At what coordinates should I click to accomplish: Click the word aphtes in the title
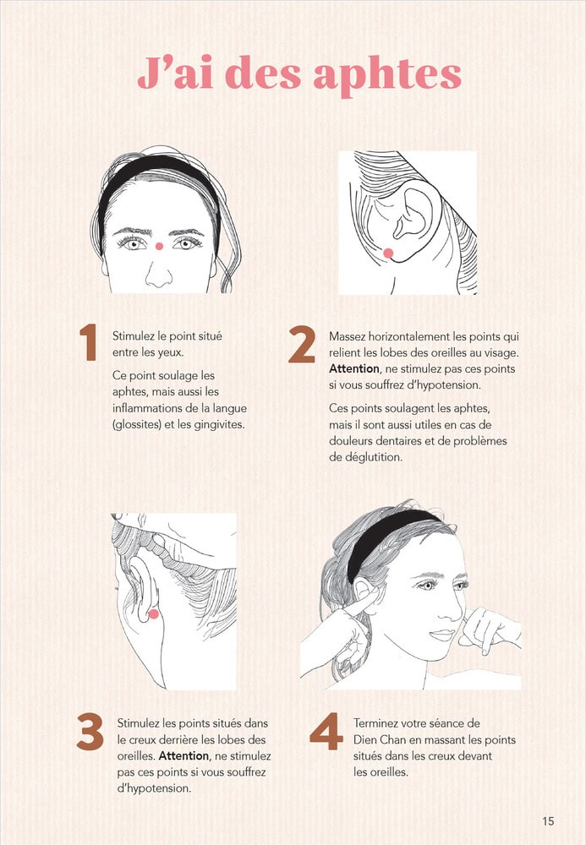(x=387, y=75)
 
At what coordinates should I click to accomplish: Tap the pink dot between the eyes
(x=159, y=246)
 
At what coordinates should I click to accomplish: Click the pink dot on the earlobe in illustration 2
(x=388, y=253)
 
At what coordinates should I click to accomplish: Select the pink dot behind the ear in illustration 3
(x=154, y=613)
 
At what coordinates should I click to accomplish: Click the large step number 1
(x=89, y=342)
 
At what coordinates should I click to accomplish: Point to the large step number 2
(x=302, y=345)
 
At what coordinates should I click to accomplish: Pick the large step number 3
(x=90, y=731)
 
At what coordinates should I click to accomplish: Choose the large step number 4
(x=326, y=731)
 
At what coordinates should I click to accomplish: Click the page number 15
(x=548, y=820)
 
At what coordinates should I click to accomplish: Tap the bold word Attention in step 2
(x=354, y=368)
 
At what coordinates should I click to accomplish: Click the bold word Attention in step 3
(x=183, y=755)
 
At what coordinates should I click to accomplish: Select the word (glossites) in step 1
(x=137, y=425)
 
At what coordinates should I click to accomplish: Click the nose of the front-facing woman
(x=158, y=275)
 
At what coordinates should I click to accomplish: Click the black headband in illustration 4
(x=388, y=541)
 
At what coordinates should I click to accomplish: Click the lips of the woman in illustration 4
(x=442, y=635)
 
